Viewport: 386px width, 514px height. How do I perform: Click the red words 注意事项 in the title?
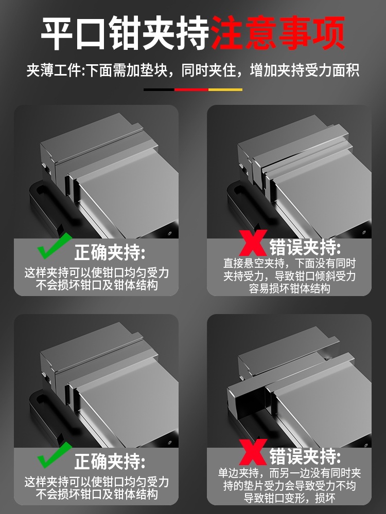pos(278,33)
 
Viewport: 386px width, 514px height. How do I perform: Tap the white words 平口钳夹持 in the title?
pos(126,33)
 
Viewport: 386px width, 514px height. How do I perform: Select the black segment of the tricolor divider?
pos(159,89)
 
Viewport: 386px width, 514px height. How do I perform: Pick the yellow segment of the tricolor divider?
pos(225,89)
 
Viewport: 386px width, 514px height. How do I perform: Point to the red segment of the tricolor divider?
pos(191,89)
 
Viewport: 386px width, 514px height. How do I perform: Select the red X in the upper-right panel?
pos(253,243)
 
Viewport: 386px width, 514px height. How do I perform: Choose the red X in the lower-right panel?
pos(253,452)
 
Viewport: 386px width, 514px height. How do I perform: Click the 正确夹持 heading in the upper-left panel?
pos(110,252)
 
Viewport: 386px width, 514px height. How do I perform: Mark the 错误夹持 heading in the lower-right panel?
pos(305,456)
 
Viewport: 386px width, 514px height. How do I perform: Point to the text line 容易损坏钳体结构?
pos(289,288)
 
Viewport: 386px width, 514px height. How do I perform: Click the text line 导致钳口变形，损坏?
pos(289,498)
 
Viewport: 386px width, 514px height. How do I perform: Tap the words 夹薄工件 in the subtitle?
pos(54,70)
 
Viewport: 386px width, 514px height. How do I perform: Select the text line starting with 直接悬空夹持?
pos(289,263)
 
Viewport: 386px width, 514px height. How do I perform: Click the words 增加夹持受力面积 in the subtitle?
pos(305,70)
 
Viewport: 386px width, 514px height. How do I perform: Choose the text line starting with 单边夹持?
pos(289,473)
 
